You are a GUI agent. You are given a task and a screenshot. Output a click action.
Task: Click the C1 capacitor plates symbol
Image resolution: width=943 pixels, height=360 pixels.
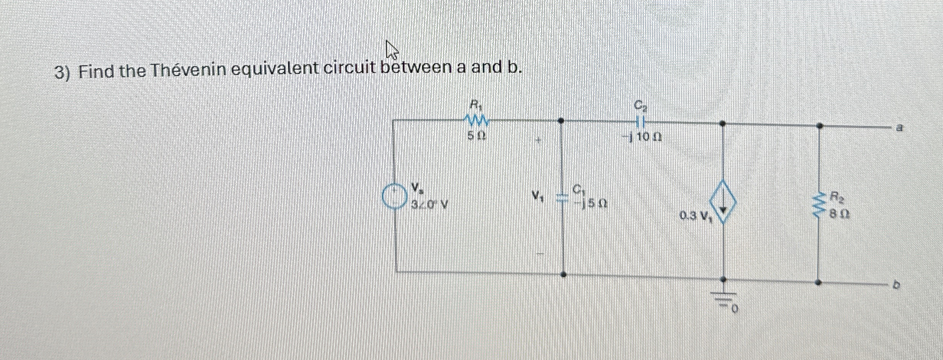pyautogui.click(x=561, y=198)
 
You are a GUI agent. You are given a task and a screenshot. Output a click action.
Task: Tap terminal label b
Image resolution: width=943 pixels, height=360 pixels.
pyautogui.click(x=896, y=285)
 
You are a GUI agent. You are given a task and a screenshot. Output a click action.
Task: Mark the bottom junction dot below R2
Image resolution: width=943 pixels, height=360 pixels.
pyautogui.click(x=818, y=283)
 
